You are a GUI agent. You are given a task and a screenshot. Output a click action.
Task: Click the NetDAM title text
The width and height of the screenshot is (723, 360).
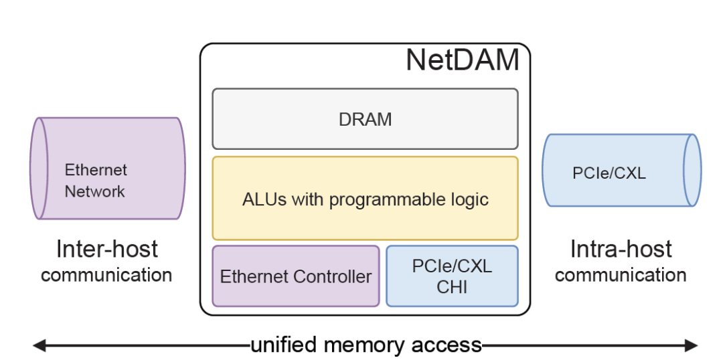463,60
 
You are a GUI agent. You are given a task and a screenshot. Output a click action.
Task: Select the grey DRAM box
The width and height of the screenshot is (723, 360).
365,119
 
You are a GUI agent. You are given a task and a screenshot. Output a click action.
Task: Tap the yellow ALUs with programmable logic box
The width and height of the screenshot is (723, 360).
365,199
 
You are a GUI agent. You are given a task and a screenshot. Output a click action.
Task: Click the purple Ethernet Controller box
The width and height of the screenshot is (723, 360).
296,276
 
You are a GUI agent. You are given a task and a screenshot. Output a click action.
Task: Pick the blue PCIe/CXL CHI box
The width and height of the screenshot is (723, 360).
452,276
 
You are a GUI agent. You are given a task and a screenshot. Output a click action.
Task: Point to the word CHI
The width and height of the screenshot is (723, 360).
452,287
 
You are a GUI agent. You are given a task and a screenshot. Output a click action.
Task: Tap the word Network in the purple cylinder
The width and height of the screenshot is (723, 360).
95,191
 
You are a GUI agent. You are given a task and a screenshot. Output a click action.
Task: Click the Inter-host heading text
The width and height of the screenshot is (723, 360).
107,249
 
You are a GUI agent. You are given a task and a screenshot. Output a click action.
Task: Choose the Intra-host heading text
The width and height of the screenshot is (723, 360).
621,249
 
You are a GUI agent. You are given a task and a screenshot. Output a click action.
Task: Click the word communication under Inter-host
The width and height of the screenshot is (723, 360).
107,274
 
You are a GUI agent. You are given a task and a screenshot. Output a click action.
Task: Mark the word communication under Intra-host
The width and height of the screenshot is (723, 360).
621,274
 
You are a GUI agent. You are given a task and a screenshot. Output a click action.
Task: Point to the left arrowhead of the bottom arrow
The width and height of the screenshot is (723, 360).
39,345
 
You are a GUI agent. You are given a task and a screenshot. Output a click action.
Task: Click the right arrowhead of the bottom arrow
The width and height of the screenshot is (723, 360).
691,345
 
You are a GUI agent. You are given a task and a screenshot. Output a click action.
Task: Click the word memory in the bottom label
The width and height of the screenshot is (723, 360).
368,345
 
